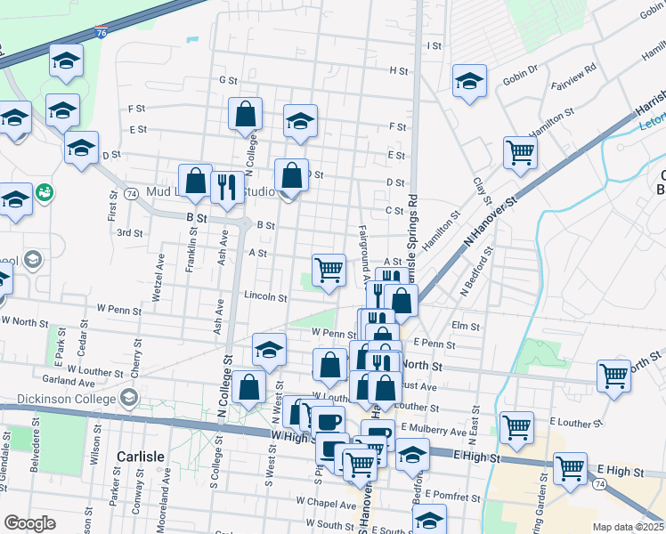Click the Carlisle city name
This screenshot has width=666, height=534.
tap(141, 457)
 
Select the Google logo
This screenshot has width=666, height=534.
tap(29, 523)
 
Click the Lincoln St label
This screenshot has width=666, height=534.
tap(265, 297)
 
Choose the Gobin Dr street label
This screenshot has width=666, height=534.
tap(521, 69)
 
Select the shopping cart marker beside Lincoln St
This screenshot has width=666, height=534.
tap(329, 270)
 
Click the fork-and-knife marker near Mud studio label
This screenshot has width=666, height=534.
tap(227, 188)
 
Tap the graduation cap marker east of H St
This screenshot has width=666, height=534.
tap(468, 81)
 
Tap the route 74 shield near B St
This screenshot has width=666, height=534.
tap(131, 193)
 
